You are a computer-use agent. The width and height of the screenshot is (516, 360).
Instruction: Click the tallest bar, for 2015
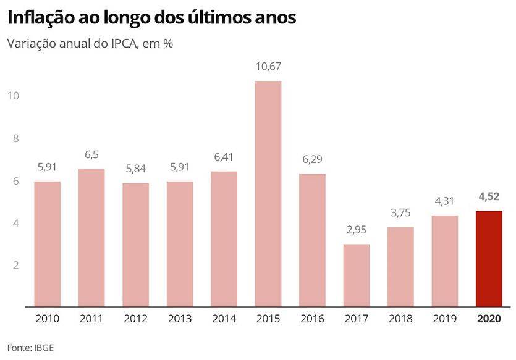268,193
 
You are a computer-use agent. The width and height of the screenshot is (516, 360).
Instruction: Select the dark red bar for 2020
489,259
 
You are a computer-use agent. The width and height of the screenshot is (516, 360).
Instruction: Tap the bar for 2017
357,275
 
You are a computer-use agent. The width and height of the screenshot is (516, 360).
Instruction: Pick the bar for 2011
91,238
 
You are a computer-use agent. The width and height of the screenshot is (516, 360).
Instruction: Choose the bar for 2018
400,267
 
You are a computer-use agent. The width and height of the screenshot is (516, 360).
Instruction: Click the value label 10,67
268,67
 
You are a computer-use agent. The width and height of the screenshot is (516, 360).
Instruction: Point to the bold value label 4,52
489,198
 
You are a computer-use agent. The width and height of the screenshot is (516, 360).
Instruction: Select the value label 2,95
357,230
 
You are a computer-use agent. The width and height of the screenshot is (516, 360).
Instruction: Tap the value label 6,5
91,155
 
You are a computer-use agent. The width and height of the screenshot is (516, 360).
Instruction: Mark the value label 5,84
135,169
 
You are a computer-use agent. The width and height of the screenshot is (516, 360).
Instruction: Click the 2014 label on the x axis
224,319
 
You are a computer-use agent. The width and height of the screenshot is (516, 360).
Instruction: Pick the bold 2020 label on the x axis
489,319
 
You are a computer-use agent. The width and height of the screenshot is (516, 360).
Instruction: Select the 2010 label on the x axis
48,319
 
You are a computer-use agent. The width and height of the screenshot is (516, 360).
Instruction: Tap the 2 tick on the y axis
15,265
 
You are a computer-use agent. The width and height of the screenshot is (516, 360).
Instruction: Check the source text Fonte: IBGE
30,347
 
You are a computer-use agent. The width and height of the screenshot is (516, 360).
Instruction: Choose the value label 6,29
312,159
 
